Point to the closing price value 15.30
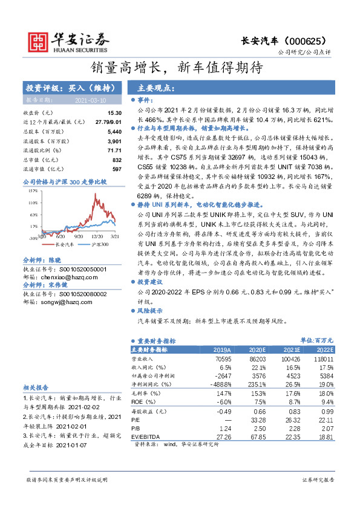tap(115, 113)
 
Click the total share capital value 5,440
tap(114, 131)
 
